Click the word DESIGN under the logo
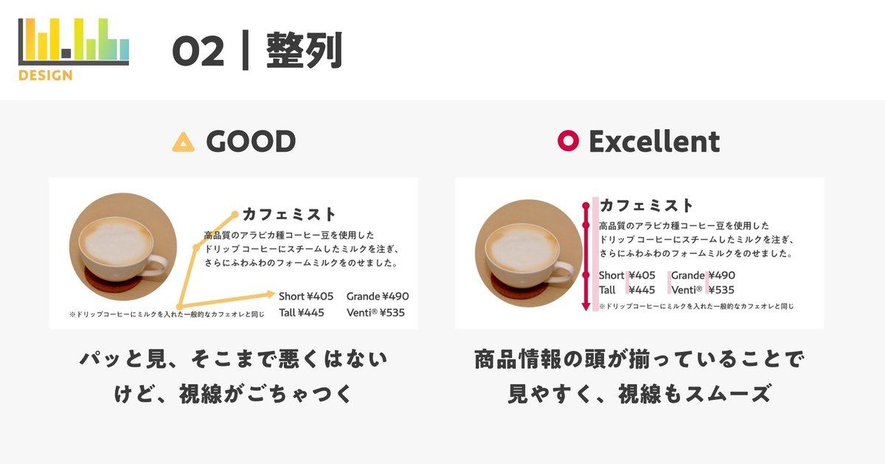tap(46, 75)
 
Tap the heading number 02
tap(198, 52)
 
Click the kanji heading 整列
tap(304, 51)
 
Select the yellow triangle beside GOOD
tap(184, 142)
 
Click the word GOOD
tap(251, 142)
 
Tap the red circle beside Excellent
tap(568, 141)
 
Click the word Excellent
tap(654, 142)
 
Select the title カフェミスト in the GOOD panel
tap(289, 214)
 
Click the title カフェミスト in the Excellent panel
tap(646, 206)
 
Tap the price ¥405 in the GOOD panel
tap(320, 296)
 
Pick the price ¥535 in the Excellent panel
tap(721, 290)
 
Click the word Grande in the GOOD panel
tap(364, 297)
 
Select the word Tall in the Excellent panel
tap(607, 290)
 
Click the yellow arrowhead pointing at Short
tap(271, 294)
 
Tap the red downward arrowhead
tap(586, 307)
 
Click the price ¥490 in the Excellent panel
tap(721, 275)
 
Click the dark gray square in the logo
tap(66, 53)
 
